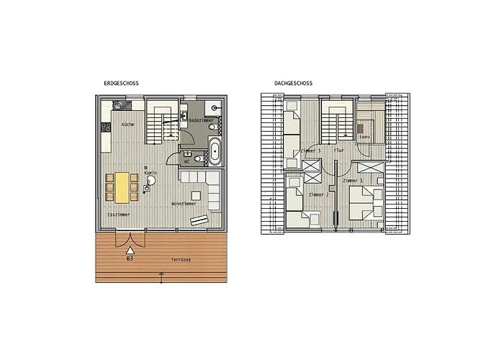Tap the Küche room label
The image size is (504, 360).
(x=127, y=125)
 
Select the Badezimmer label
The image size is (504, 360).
(x=199, y=120)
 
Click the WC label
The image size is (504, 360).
(x=186, y=162)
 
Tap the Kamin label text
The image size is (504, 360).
(x=150, y=174)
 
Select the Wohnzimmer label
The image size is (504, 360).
(x=184, y=204)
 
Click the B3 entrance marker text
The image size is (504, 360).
(x=130, y=258)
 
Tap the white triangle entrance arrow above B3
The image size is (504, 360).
(x=130, y=249)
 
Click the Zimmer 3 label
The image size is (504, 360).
(x=310, y=150)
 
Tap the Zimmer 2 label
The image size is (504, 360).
(x=318, y=195)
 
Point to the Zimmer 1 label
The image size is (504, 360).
(x=352, y=180)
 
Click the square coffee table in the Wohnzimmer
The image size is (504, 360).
(x=196, y=194)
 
